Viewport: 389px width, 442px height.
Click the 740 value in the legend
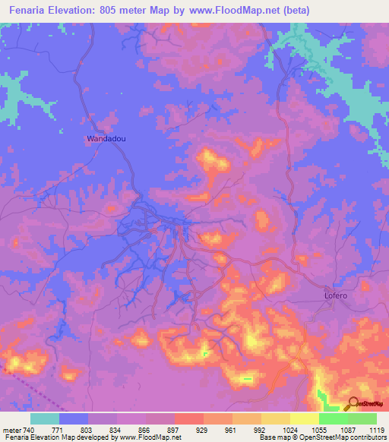click(x=30, y=430)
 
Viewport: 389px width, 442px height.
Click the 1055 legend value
click(x=318, y=430)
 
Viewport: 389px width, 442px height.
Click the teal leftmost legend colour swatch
click(x=45, y=418)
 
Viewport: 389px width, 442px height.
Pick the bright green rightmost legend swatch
click(x=362, y=418)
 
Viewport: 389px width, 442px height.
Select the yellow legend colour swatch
click(x=305, y=418)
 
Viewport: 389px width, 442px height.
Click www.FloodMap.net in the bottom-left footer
click(x=144, y=437)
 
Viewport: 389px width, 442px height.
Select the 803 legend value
click(x=88, y=430)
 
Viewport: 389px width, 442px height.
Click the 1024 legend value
click(x=289, y=430)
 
